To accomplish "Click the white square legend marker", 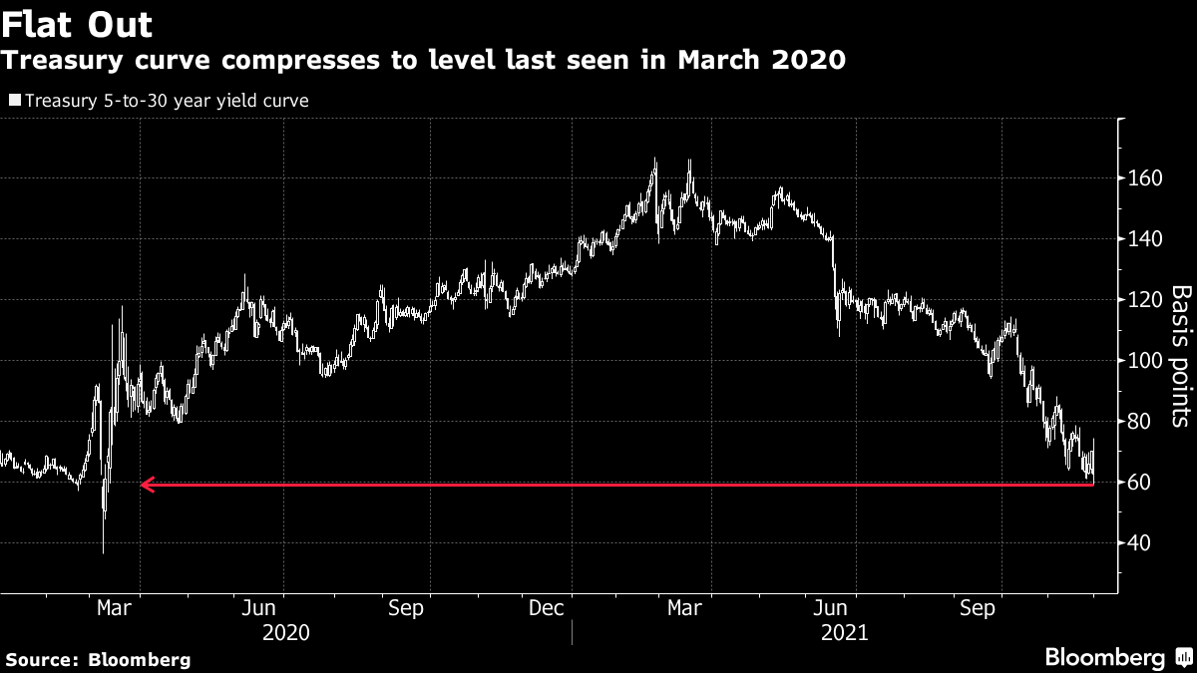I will click(15, 100).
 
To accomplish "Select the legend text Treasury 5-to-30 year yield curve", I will click(167, 100).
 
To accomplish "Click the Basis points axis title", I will click(1180, 356).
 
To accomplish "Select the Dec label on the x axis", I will click(547, 608).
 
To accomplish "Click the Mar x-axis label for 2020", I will click(112, 608).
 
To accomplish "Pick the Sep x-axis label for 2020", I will click(406, 608).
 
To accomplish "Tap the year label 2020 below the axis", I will click(285, 633).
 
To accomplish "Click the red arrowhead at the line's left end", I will click(146, 485).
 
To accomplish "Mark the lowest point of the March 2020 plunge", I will click(104, 551).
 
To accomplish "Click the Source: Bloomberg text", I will click(98, 659).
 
